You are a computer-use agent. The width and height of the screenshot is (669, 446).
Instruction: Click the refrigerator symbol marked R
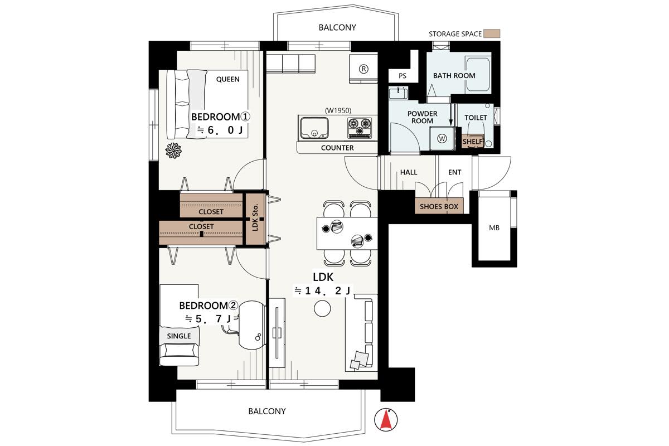pos(363,69)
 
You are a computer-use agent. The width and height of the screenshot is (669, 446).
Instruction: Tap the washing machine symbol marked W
pos(442,138)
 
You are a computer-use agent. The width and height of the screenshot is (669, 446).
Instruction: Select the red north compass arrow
pos(386,420)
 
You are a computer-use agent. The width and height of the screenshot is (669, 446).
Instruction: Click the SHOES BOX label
pos(439,206)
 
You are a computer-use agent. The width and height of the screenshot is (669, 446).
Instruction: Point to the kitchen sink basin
pos(314,128)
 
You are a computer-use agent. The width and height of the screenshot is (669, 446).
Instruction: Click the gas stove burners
pos(360,127)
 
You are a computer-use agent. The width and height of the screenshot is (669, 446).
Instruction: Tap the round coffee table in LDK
pos(322,308)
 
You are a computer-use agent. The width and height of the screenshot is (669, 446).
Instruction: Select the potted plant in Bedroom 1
pos(173,151)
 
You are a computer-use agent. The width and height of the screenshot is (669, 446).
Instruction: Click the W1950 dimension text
pos(338,110)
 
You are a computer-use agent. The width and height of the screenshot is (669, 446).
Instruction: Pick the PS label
pos(403,76)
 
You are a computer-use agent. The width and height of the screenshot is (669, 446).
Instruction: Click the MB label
pos(495,228)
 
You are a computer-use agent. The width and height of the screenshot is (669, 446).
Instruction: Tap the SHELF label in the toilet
pos(473,141)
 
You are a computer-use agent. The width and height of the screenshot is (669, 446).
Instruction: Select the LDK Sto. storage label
pos(255,217)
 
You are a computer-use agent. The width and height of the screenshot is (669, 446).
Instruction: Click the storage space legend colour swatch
pos(492,33)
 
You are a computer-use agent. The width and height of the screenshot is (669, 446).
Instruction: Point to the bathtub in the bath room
pos(478,74)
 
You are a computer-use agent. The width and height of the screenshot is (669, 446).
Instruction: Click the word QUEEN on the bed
pos(228,79)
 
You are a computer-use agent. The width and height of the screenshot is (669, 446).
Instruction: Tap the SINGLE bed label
pos(179,336)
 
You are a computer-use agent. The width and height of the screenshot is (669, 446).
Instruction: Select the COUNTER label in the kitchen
pos(337,148)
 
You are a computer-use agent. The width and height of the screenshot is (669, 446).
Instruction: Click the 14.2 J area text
pos(323,290)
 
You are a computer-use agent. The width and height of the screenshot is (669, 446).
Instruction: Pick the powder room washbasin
pos(398,93)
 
